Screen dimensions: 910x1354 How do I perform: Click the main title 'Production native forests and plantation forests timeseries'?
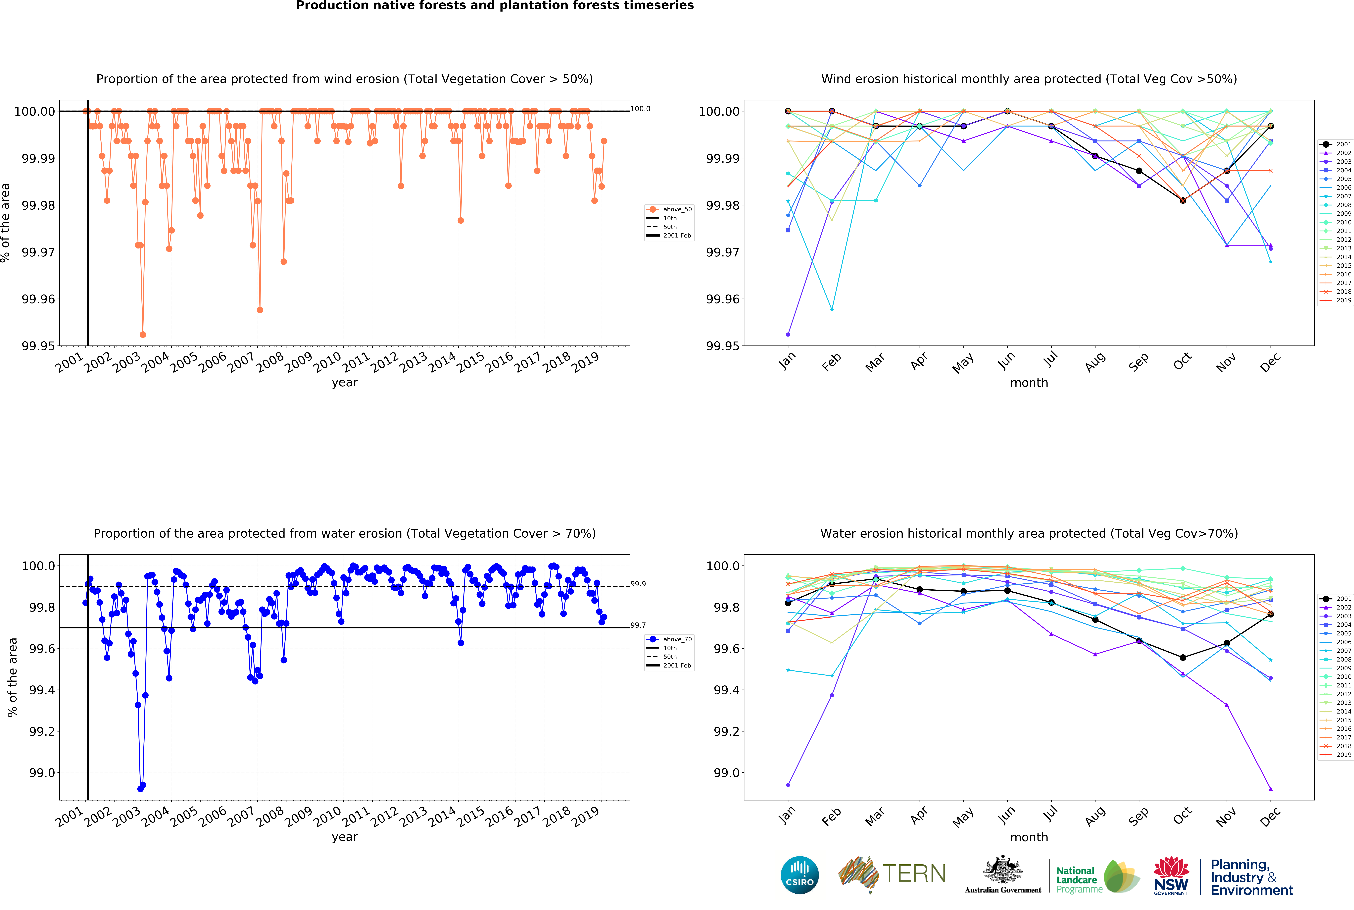point(494,6)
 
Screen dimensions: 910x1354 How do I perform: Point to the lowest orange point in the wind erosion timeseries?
point(143,334)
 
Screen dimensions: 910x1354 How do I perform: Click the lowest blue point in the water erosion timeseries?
point(140,789)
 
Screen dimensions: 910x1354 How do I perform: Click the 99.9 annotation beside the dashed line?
point(638,584)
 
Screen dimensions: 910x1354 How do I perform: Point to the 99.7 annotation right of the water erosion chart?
point(638,625)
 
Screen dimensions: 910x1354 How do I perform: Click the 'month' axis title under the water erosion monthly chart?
point(1029,837)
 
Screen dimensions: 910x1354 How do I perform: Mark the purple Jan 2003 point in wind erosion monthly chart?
point(788,334)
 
